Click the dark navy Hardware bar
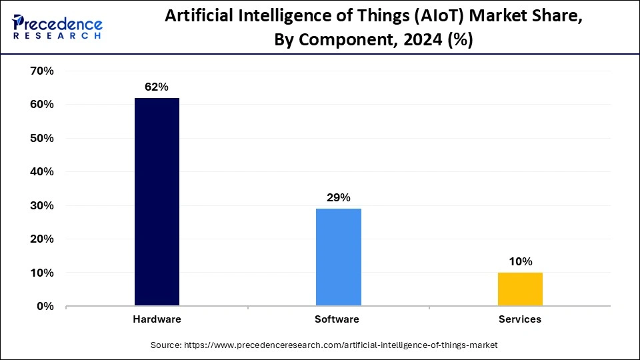click(157, 202)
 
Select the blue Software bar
click(338, 257)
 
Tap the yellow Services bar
click(520, 289)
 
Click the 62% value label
click(157, 87)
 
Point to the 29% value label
click(338, 197)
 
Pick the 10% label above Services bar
click(520, 261)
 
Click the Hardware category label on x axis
click(157, 319)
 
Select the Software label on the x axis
click(337, 319)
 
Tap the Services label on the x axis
click(520, 319)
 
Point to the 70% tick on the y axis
click(41, 71)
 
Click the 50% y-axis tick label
click(41, 138)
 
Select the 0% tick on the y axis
click(44, 307)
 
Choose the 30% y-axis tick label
click(41, 205)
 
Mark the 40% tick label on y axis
click(41, 172)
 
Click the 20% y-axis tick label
click(41, 239)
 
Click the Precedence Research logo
click(57, 27)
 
